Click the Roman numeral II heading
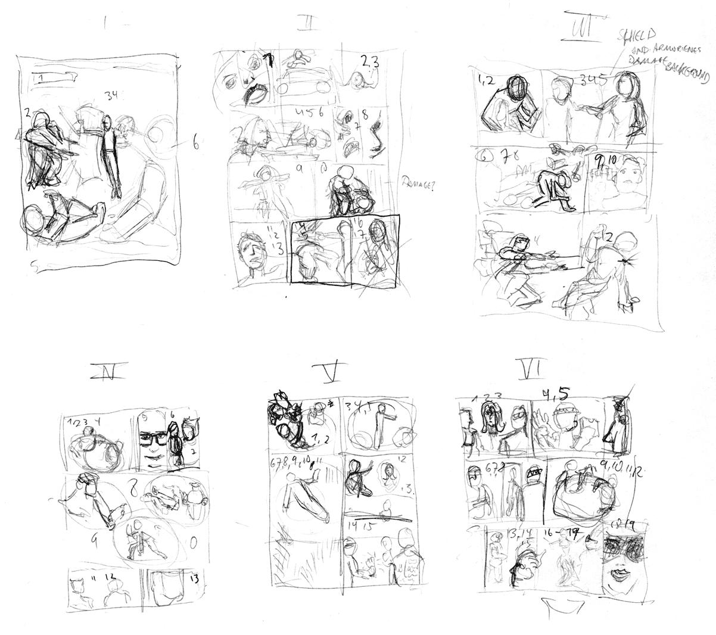(x=309, y=24)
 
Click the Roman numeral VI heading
(x=529, y=371)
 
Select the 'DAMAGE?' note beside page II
(x=419, y=185)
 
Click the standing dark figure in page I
(x=109, y=154)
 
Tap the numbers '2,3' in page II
(x=368, y=60)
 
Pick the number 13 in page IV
(x=194, y=578)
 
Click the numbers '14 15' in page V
(x=356, y=525)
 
